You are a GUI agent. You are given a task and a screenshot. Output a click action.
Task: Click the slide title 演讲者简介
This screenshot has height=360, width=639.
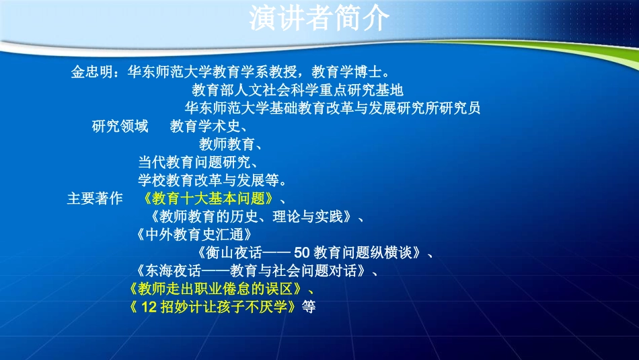click(319, 19)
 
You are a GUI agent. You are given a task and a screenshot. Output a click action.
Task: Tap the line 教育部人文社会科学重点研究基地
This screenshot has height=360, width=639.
click(297, 90)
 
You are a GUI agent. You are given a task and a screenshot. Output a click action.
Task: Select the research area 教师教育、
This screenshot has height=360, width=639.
click(229, 144)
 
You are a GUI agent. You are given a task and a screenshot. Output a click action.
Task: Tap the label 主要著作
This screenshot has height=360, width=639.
click(95, 199)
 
